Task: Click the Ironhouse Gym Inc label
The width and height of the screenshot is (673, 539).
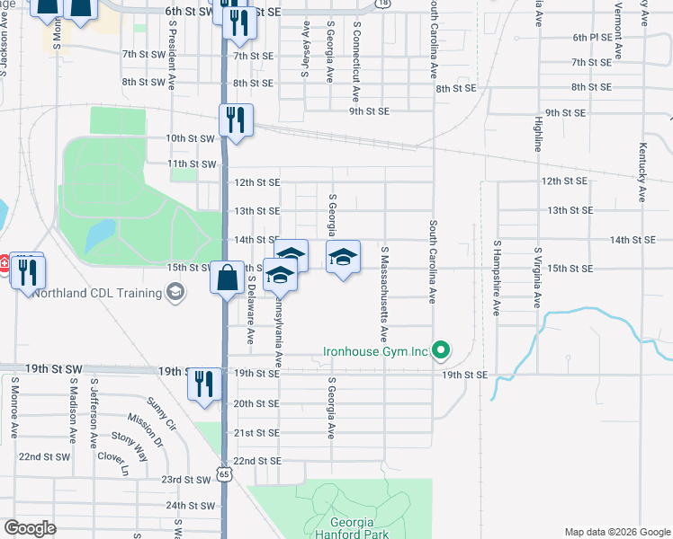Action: (x=376, y=351)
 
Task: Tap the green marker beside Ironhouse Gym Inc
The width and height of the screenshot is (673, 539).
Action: (x=441, y=350)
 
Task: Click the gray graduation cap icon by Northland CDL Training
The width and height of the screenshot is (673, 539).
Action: (x=175, y=292)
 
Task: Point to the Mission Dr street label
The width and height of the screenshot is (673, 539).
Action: (x=145, y=429)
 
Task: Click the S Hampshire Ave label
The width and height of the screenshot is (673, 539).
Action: (x=496, y=278)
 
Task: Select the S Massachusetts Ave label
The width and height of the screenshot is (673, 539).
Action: (x=384, y=296)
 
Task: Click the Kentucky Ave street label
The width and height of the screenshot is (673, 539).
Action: (x=642, y=172)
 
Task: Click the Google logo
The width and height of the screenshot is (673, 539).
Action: (x=31, y=528)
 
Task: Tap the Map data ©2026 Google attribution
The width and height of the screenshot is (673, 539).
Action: (x=616, y=532)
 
